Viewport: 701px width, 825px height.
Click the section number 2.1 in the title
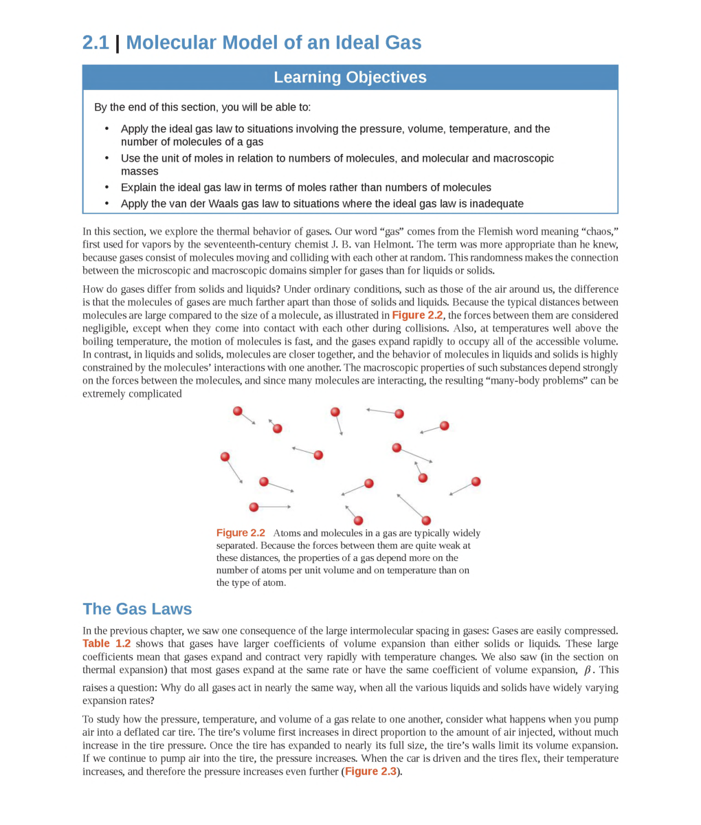(96, 43)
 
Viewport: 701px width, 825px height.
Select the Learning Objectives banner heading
(350, 78)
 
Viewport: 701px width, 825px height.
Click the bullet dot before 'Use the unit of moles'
(107, 158)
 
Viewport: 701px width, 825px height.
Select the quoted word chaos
(599, 232)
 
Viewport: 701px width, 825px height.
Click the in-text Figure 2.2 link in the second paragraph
(417, 316)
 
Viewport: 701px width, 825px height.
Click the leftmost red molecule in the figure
(225, 456)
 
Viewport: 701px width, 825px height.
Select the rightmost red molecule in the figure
(476, 481)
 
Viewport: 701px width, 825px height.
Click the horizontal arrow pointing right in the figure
(274, 507)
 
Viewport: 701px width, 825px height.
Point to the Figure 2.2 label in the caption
(241, 533)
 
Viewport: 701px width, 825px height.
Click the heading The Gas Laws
(137, 609)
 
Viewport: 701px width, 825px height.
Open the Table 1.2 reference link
(107, 644)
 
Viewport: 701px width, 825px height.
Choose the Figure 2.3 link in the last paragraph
(370, 772)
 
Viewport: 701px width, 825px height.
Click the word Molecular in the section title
(177, 43)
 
